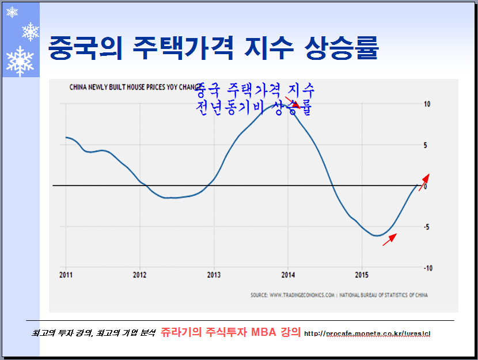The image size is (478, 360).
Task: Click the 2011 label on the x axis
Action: click(66, 275)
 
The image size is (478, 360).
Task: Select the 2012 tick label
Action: click(140, 275)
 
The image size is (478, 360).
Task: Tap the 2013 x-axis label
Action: click(214, 275)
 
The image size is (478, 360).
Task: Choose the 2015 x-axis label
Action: click(362, 275)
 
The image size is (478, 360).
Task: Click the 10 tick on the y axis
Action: click(427, 104)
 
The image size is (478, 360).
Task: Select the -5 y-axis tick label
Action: click(427, 227)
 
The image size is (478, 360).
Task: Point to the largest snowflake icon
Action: click(20, 61)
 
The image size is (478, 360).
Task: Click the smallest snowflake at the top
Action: click(12, 12)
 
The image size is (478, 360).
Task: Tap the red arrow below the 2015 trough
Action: click(390, 239)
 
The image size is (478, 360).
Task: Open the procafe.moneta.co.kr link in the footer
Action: click(367, 334)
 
